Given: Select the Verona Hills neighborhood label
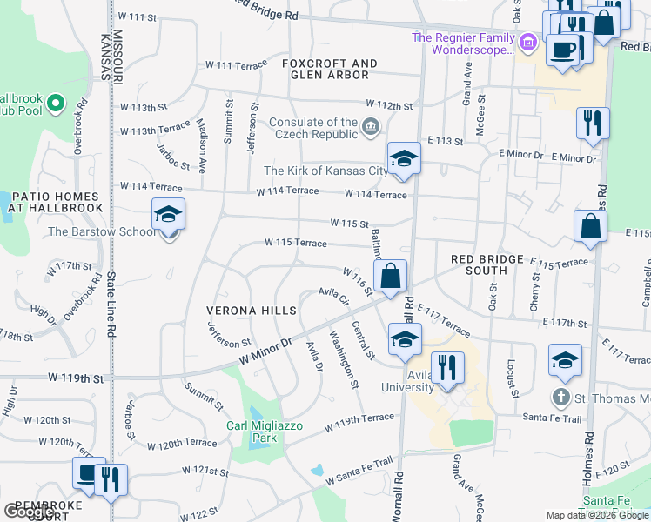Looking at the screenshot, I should coord(252,311).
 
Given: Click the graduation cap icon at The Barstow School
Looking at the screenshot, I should coord(168,214).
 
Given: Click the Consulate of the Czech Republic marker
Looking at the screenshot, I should coord(371,129).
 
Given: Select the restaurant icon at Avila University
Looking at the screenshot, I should coord(447,366).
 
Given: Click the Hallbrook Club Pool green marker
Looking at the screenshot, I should coord(56,104).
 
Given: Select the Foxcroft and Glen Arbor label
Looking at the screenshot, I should coord(330,69).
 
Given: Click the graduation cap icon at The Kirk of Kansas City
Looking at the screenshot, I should coord(403,158).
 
